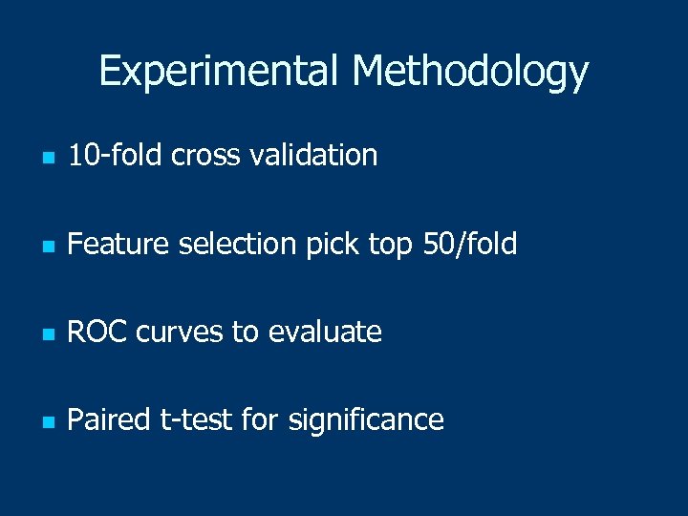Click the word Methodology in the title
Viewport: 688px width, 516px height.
click(470, 72)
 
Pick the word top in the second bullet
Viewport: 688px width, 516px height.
click(389, 246)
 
